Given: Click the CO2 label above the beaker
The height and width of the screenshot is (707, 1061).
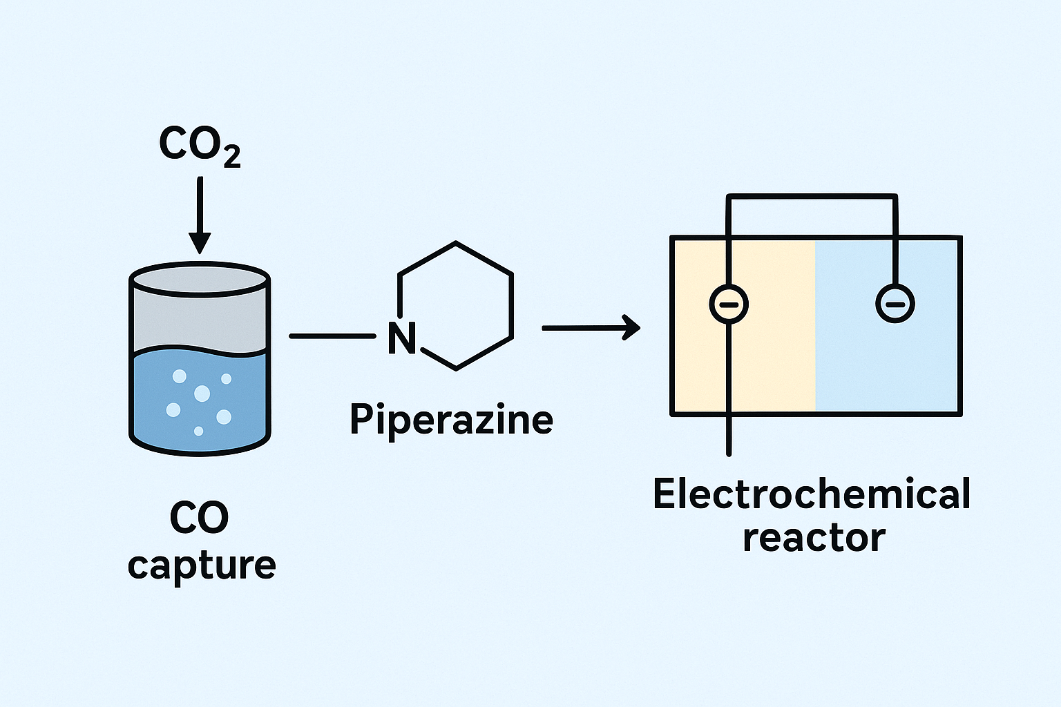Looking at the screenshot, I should pyautogui.click(x=199, y=145).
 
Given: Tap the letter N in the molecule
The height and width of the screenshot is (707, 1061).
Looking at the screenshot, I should pyautogui.click(x=401, y=338).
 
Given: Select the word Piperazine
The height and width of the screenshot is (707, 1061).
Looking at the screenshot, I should pyautogui.click(x=451, y=419).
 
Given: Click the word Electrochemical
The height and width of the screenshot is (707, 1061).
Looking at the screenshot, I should pyautogui.click(x=812, y=494).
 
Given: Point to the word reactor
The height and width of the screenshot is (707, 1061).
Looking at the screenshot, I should pyautogui.click(x=814, y=538).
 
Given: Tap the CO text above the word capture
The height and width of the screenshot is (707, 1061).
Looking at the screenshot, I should pyautogui.click(x=199, y=518).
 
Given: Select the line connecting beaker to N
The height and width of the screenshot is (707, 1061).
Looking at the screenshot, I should pyautogui.click(x=332, y=336).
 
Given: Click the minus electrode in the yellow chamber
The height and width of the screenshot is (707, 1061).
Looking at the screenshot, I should pyautogui.click(x=729, y=304).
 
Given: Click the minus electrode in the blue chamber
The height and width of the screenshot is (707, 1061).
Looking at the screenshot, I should pyautogui.click(x=895, y=304).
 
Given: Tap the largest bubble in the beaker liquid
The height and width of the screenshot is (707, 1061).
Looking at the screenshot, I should pyautogui.click(x=202, y=394).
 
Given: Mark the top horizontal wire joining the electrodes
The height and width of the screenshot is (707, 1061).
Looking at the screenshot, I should pyautogui.click(x=812, y=197).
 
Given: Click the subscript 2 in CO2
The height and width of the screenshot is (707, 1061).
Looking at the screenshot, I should pyautogui.click(x=232, y=158).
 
